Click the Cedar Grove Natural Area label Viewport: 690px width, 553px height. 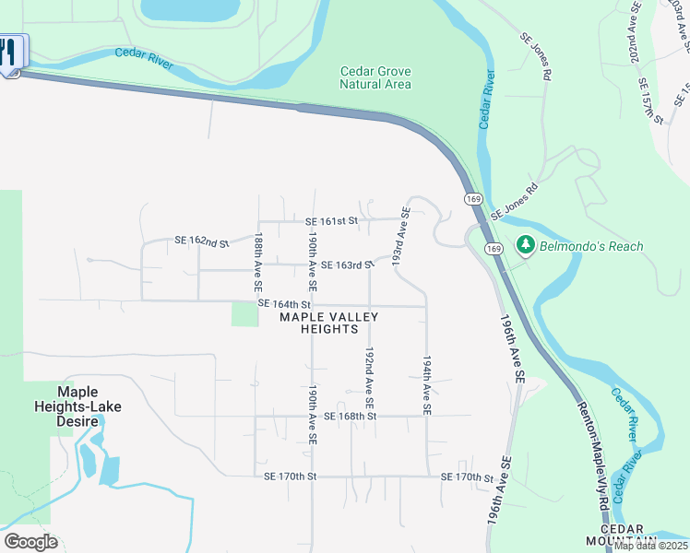[375, 77]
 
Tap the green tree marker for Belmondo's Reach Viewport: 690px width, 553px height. [526, 246]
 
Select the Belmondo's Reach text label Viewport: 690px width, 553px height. [591, 246]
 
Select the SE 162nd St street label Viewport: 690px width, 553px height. [201, 241]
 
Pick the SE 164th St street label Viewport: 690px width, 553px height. [284, 303]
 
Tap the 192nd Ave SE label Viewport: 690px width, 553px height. [369, 379]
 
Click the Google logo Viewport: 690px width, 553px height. [30, 542]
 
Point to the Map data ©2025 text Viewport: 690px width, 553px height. [651, 546]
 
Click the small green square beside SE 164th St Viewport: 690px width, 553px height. [244, 313]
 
